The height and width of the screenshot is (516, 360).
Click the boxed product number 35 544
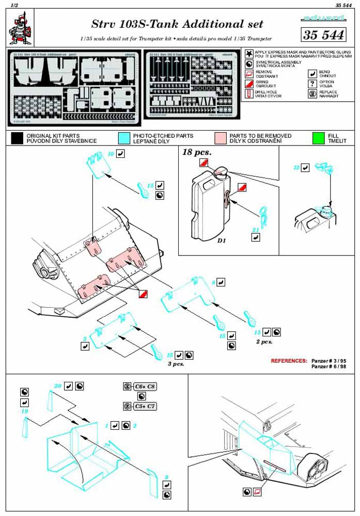[x=323, y=35]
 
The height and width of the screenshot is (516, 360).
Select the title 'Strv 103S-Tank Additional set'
[x=177, y=24]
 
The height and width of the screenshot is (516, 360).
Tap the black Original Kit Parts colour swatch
[x=17, y=138]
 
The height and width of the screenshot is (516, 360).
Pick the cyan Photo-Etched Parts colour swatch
[x=124, y=138]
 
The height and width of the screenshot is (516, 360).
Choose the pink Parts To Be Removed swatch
[x=221, y=138]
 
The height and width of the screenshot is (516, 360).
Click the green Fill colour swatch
[x=318, y=138]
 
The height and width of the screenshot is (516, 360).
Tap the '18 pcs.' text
[x=197, y=153]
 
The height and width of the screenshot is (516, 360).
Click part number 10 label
[x=111, y=154]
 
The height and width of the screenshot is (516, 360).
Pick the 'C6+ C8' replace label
[x=145, y=386]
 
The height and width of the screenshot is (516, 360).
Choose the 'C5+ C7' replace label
[x=145, y=406]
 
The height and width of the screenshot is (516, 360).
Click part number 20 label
[x=58, y=386]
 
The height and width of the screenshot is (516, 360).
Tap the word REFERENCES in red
[x=289, y=360]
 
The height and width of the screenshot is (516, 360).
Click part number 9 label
[x=167, y=476]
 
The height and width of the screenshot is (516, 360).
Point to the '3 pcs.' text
[x=176, y=364]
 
